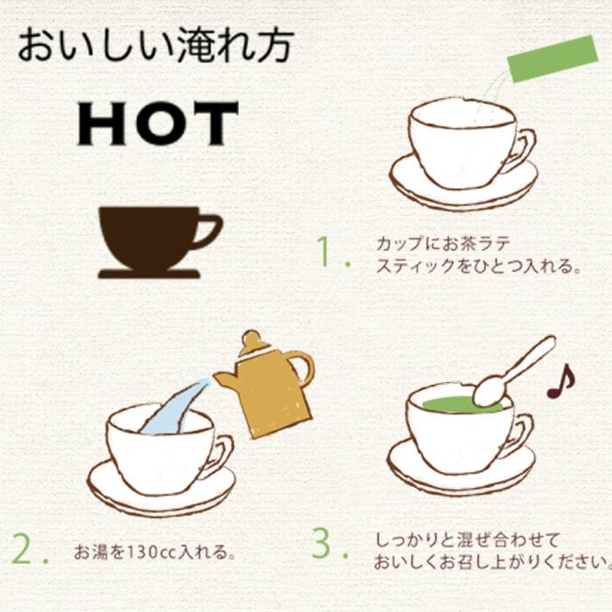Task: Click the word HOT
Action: click(157, 124)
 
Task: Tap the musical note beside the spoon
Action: click(560, 381)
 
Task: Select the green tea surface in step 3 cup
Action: click(455, 405)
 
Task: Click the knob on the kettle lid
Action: click(251, 337)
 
